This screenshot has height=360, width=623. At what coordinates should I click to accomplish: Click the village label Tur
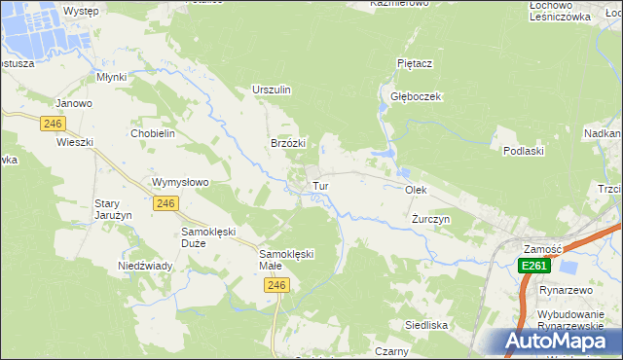pos(318,185)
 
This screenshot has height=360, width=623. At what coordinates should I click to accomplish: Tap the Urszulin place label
pos(272,90)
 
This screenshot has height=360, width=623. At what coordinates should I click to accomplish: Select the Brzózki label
pos(288,143)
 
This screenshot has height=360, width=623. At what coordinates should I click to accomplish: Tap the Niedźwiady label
pos(145,266)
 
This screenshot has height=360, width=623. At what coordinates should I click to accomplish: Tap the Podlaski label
pos(522,151)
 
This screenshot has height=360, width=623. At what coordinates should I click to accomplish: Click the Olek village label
pos(417,190)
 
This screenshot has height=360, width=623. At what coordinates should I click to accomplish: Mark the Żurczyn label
pos(430,220)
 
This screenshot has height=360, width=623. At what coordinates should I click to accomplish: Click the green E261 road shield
pos(534,266)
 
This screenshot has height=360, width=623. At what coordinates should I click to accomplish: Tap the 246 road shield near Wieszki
pos(53,124)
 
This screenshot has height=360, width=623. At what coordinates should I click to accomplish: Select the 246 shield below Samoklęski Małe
pos(276,285)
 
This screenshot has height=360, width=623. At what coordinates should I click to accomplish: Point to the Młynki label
pos(113,76)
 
